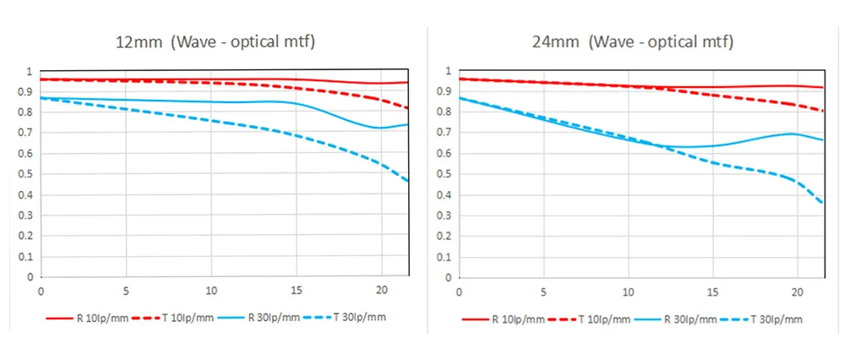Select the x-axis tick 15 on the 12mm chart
tap(297, 290)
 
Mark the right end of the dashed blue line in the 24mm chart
tap(823, 204)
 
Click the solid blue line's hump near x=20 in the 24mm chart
tap(792, 133)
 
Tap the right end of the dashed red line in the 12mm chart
tap(408, 108)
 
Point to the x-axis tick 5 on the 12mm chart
tap(126, 290)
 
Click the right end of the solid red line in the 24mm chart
tap(823, 87)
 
